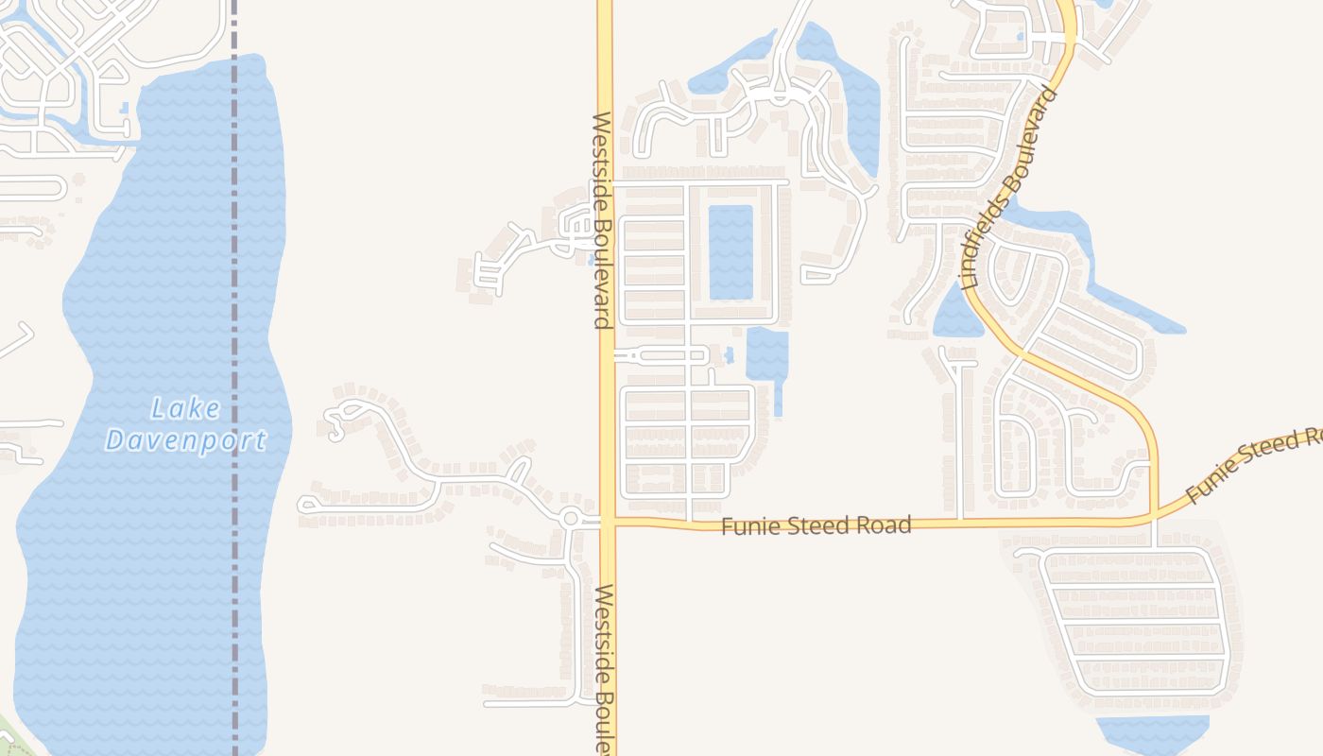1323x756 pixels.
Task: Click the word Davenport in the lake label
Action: (185, 440)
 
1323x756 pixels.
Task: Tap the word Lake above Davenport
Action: (186, 409)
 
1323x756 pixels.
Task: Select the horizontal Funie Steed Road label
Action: (816, 525)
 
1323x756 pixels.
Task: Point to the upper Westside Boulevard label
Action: (602, 220)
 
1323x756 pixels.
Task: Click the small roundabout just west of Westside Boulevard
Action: (570, 518)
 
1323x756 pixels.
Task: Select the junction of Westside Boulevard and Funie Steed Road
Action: (607, 520)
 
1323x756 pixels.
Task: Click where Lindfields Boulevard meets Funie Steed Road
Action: (1155, 518)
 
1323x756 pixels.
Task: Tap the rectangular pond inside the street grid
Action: (730, 252)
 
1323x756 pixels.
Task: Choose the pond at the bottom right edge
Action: (1153, 733)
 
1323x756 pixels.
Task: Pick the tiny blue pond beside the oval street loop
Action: (728, 356)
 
